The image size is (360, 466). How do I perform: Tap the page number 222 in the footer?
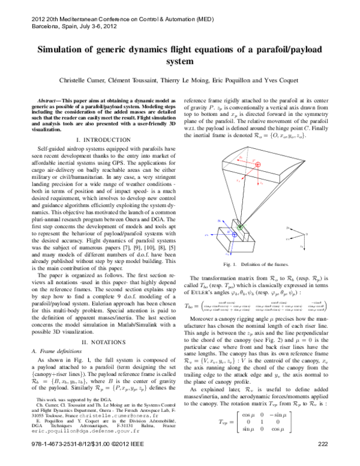pos(323,459)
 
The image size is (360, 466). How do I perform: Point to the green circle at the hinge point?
pos(239,227)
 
